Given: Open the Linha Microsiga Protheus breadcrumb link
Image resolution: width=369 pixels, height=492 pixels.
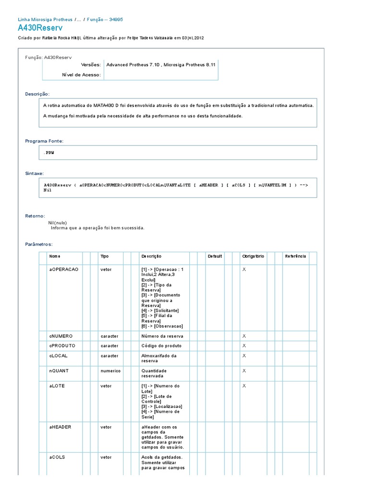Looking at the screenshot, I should tap(45, 20).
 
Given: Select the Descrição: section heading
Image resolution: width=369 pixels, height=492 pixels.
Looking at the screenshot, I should tap(37, 94).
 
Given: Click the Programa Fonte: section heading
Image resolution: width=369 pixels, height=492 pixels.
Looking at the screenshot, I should tap(44, 141).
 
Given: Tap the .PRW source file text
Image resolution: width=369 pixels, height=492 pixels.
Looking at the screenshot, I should tap(49, 152).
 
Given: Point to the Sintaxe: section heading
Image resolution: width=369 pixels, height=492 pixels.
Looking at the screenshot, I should tap(35, 172).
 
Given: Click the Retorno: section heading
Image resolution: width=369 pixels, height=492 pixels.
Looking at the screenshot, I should tap(35, 216).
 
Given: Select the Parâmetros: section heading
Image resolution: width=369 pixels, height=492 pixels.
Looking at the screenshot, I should tap(39, 244).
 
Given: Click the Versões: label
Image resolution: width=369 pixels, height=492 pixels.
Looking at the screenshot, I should tap(91, 64).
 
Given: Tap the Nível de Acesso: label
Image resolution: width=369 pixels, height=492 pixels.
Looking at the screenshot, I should tap(82, 74).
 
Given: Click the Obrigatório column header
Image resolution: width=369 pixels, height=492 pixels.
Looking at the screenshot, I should tap(253, 257).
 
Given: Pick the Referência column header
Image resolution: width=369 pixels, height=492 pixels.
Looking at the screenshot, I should tap(295, 257).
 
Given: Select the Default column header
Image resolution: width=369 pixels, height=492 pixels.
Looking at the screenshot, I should tap(215, 257).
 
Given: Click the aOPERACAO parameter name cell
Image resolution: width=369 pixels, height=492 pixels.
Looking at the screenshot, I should tap(63, 270).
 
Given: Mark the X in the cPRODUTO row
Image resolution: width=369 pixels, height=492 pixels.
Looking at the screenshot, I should tap(244, 346).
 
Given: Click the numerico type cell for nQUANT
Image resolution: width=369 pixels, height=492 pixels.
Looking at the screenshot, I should tap(111, 371).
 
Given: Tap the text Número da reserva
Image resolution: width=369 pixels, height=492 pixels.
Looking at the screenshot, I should tap(162, 336).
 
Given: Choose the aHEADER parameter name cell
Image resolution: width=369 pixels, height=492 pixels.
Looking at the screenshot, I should tap(60, 427).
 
